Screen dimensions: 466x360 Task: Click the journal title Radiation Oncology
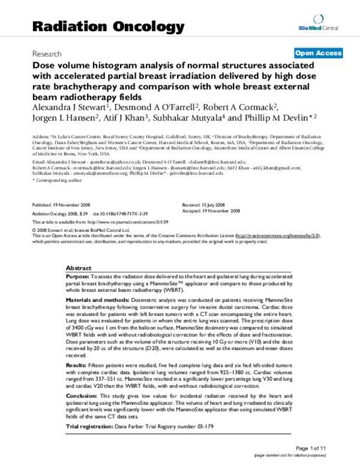[107, 26]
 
